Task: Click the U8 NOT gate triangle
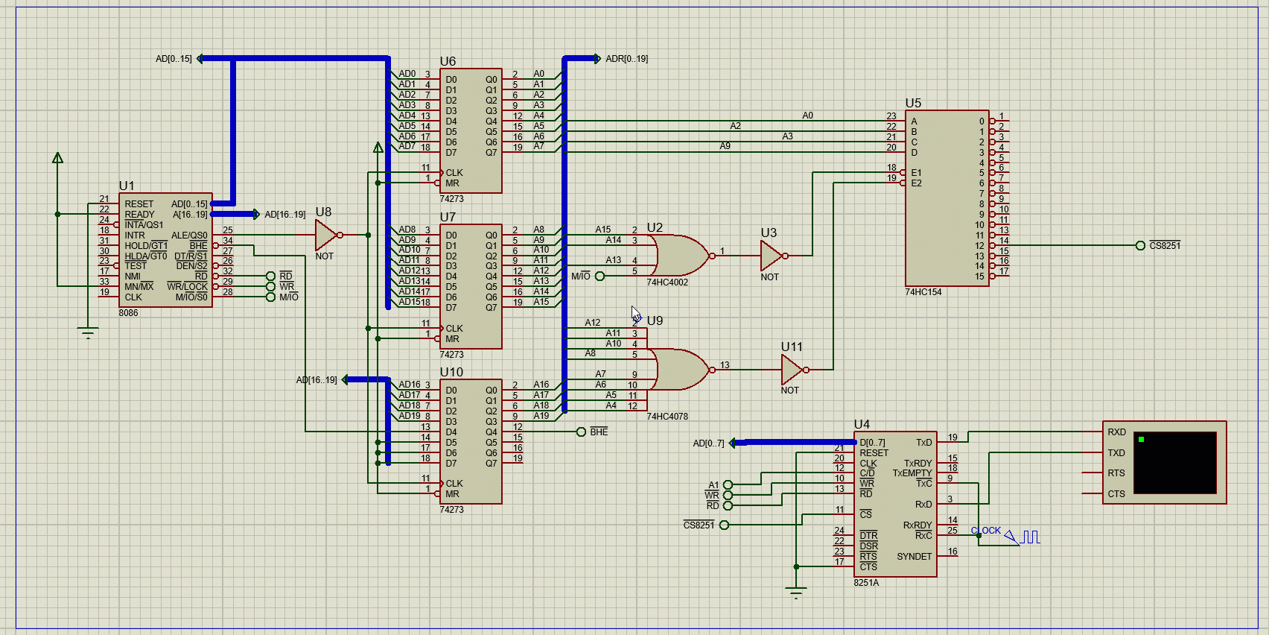325,235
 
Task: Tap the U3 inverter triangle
770,256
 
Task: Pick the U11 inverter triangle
791,370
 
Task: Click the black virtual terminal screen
1177,462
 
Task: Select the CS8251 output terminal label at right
1164,246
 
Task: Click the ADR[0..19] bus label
626,59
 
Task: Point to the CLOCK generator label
985,531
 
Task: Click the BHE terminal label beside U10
599,432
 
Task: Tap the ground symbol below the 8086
88,333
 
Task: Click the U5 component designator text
913,103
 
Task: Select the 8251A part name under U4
866,583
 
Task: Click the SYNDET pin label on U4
914,557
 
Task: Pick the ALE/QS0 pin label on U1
189,236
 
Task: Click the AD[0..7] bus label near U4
708,443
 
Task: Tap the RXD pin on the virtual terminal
1116,432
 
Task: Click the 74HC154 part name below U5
923,292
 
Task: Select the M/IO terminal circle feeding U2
600,277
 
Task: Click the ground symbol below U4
796,594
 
